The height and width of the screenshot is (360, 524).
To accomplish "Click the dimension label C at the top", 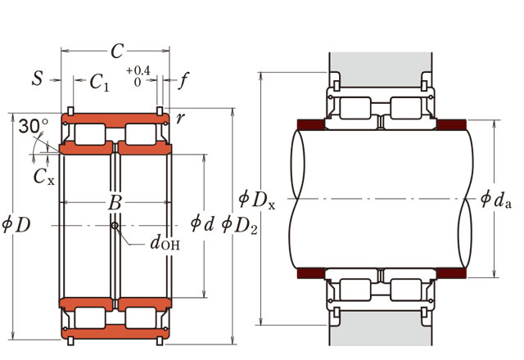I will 116,51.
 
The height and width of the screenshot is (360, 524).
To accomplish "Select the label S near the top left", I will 38,79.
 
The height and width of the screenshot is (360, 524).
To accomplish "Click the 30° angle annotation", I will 32,126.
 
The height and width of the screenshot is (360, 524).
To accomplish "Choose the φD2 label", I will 239,223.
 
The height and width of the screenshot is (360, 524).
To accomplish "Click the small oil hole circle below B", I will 115,225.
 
